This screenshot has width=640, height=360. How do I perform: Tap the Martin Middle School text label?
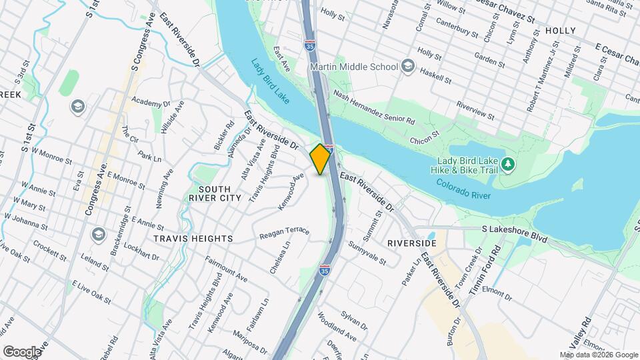[354, 67]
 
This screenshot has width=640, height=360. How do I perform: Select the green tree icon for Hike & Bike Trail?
[508, 163]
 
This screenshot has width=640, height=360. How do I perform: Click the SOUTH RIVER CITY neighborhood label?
[215, 193]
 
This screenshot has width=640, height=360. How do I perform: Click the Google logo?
[21, 352]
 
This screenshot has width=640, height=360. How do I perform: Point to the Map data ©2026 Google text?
[599, 355]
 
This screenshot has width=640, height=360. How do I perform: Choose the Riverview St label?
[475, 111]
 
